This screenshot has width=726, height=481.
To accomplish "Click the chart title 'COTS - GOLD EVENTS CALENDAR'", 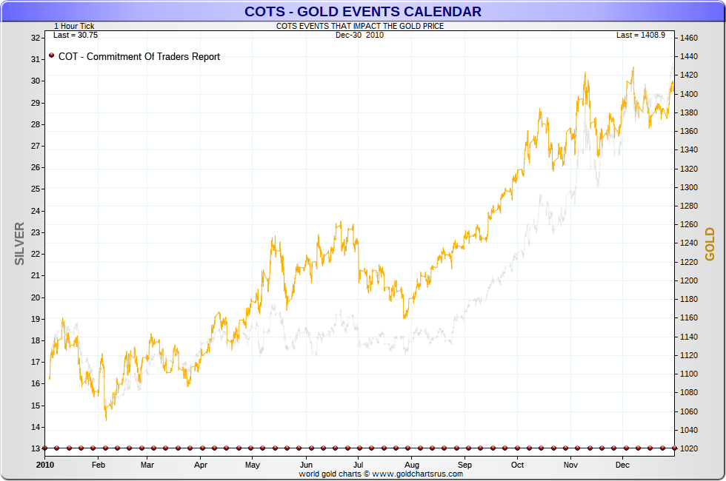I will (x=363, y=11).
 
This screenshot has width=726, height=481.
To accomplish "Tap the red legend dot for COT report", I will (x=51, y=55).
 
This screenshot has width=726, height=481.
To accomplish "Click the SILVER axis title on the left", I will (x=20, y=243).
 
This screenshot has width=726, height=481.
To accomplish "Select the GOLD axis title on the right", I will (x=710, y=243).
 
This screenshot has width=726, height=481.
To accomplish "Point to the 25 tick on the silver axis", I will (x=36, y=189).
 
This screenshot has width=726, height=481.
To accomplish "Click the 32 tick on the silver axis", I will (x=36, y=38).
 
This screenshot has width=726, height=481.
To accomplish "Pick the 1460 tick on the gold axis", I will (x=689, y=38).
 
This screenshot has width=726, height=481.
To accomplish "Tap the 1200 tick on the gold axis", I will (x=689, y=280).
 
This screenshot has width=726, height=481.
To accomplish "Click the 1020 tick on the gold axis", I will (x=689, y=448).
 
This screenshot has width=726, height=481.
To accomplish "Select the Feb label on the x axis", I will (x=98, y=465).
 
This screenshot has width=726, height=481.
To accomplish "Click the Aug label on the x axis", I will (x=413, y=465).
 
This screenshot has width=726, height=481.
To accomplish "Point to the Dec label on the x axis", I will (x=622, y=465).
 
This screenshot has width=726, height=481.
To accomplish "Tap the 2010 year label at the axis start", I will (x=46, y=465).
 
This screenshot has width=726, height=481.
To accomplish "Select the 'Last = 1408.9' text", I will (x=641, y=35).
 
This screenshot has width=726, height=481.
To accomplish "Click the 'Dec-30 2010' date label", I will (x=360, y=35).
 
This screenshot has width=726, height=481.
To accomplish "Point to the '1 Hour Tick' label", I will (x=74, y=27).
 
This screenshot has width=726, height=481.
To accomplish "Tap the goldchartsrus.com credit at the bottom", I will (x=381, y=474).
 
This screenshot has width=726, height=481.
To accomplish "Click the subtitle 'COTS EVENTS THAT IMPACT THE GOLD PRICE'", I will (x=360, y=27).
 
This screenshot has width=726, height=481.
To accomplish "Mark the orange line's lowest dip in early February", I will (x=106, y=420).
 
